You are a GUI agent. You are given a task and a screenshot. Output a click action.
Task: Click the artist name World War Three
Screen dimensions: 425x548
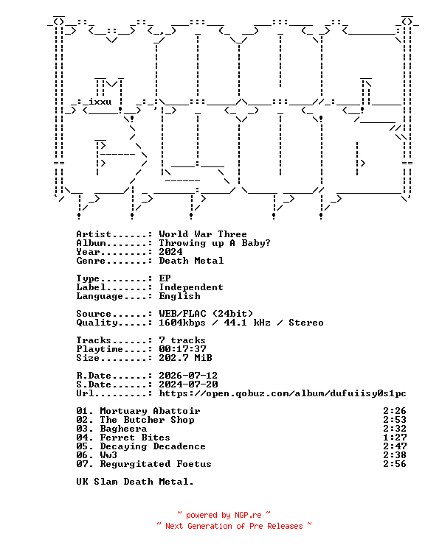pyautogui.click(x=203, y=234)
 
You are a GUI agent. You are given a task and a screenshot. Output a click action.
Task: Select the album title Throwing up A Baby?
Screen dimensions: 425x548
pyautogui.click(x=215, y=243)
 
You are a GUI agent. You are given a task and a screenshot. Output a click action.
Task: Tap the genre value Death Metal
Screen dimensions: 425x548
pyautogui.click(x=191, y=261)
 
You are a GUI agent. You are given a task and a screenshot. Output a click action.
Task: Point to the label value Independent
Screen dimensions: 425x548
pyautogui.click(x=191, y=287)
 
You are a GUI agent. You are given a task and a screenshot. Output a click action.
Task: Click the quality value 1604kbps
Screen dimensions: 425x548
pyautogui.click(x=182, y=323)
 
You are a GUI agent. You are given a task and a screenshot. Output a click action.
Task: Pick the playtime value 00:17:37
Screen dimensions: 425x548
pyautogui.click(x=182, y=349)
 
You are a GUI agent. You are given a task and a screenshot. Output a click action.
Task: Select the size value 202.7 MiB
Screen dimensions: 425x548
pyautogui.click(x=185, y=358)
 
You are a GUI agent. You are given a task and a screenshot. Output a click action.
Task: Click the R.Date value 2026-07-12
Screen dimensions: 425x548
pyautogui.click(x=188, y=376)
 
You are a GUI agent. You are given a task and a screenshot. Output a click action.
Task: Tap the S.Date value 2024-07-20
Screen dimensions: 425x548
pyautogui.click(x=188, y=384)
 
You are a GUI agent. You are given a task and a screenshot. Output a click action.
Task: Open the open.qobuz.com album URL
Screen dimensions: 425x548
pyautogui.click(x=283, y=393)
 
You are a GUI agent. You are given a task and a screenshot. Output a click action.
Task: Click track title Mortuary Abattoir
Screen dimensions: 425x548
pyautogui.click(x=150, y=411)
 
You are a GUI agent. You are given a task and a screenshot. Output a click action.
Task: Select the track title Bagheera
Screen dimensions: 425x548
pyautogui.click(x=123, y=429)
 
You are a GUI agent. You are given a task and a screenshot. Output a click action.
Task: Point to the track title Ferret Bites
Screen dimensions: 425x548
pyautogui.click(x=135, y=438)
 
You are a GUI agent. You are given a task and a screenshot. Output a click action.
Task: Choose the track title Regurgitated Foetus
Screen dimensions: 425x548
pyautogui.click(x=156, y=464)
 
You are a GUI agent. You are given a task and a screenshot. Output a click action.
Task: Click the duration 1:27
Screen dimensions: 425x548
pyautogui.click(x=395, y=438)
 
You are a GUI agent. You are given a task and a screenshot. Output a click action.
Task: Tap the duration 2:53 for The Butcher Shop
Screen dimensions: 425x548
pyautogui.click(x=395, y=420)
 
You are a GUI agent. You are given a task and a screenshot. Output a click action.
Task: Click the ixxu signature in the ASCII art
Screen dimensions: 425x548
pyautogui.click(x=100, y=102)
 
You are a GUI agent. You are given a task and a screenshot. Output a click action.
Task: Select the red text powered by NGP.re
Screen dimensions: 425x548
pyautogui.click(x=224, y=515)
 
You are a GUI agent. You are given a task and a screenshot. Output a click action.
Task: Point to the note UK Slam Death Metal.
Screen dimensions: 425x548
pyautogui.click(x=135, y=482)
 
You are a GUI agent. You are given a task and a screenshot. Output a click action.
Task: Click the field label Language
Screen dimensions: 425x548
pyautogui.click(x=100, y=296)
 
